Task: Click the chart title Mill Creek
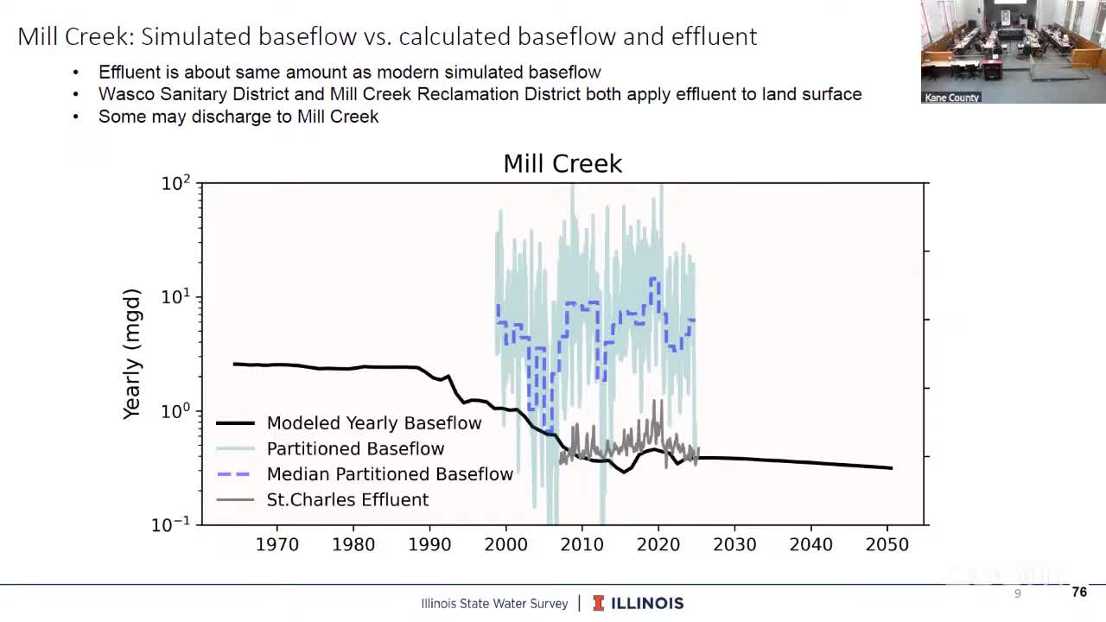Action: [563, 164]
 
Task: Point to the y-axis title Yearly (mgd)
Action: [131, 354]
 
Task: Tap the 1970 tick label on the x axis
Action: [277, 545]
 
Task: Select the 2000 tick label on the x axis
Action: [505, 545]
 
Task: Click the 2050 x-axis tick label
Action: [887, 545]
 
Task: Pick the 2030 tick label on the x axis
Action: [734, 545]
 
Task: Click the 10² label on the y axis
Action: [175, 184]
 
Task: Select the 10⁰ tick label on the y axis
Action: [175, 411]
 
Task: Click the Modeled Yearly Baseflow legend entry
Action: [373, 423]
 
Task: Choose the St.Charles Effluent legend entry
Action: [347, 500]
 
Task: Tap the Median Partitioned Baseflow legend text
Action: [390, 474]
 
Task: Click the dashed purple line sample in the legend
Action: [235, 474]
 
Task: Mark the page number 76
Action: [1078, 593]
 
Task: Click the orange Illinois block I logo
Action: [598, 604]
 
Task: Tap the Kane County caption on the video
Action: [951, 98]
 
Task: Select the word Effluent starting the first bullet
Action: [130, 73]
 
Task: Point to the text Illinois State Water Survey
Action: [494, 604]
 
